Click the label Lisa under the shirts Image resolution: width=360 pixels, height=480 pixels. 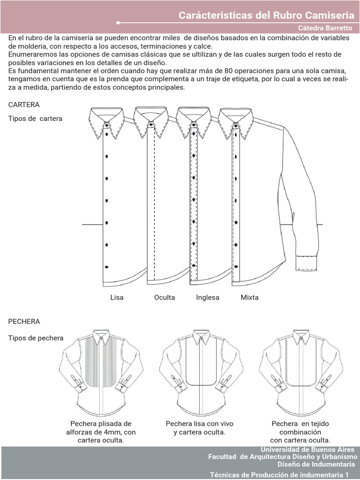click(117, 297)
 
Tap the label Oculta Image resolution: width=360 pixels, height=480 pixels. click(165, 297)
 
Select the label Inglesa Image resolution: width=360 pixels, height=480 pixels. click(208, 297)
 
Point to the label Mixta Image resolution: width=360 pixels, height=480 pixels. click(249, 297)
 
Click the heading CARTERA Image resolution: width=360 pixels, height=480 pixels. click(24, 105)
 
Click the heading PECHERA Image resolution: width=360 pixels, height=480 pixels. click(24, 322)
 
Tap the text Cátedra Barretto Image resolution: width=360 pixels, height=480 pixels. click(326, 28)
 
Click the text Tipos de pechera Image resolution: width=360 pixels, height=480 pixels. click(36, 338)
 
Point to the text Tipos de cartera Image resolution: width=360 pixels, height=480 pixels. click(35, 119)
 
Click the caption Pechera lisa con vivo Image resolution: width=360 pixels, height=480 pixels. click(200, 424)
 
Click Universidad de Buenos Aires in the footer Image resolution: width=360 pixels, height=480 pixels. click(307, 449)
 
